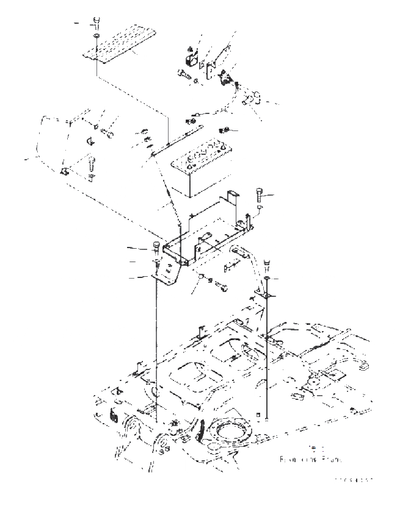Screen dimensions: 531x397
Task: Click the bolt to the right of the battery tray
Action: coord(258,197)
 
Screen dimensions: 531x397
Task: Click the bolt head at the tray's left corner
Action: coord(156,248)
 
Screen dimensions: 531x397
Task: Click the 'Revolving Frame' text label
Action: coord(308,458)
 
